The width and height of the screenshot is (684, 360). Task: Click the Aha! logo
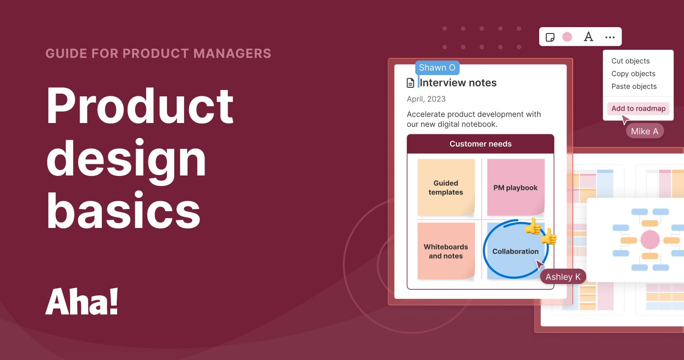tap(82, 302)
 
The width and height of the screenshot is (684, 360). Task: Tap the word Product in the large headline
tap(140, 107)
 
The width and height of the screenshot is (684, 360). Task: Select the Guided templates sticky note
tap(446, 187)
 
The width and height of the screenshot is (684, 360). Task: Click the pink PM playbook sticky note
tap(516, 187)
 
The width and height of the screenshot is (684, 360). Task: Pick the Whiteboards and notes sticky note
tap(446, 251)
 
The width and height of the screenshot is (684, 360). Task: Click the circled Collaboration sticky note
tap(515, 251)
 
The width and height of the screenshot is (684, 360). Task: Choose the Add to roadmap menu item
tap(638, 109)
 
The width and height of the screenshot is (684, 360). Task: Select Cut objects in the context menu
tap(630, 61)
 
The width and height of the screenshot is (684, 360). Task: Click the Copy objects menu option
tap(633, 74)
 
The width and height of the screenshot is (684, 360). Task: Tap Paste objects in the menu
tap(634, 86)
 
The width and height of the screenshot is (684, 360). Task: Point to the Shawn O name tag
tap(437, 68)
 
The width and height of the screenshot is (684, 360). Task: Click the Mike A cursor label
tap(645, 131)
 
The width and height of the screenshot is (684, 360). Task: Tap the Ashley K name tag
tap(563, 277)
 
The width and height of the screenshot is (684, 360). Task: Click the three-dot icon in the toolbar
tap(610, 37)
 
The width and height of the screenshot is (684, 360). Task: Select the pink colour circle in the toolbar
tap(567, 37)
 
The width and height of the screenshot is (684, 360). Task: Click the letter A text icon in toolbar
tap(588, 37)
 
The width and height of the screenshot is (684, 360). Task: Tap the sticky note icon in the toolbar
tap(550, 37)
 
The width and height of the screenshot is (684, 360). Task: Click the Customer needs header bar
tap(480, 144)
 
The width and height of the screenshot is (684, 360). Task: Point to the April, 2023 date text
tap(426, 99)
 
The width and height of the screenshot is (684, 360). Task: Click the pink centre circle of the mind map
tap(650, 239)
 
